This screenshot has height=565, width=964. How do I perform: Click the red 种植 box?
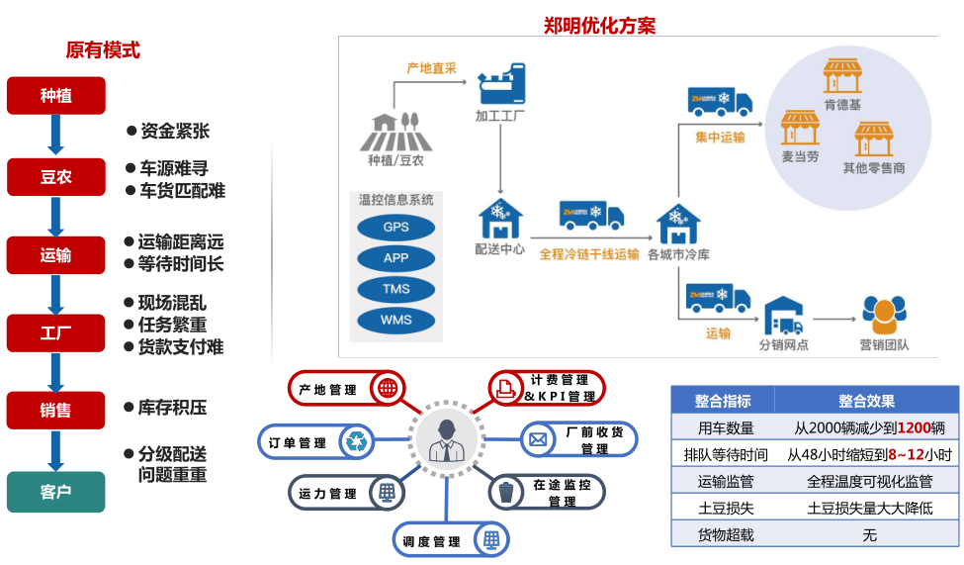[x=55, y=96]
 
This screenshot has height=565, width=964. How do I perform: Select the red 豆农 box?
[x=55, y=177]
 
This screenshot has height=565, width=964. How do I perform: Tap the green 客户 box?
[x=55, y=491]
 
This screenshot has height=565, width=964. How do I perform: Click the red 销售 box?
[x=55, y=410]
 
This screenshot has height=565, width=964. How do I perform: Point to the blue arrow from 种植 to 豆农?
[x=55, y=136]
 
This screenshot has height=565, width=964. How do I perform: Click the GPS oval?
[x=395, y=227]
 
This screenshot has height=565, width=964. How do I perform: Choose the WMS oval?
[x=395, y=320]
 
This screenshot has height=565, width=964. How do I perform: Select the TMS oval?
[x=395, y=289]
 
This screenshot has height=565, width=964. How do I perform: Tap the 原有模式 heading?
[x=103, y=49]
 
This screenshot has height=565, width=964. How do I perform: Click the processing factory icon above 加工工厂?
[x=501, y=85]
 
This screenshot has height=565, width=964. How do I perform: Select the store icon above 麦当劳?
[x=800, y=128]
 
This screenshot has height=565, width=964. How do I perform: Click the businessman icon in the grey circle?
[x=444, y=439]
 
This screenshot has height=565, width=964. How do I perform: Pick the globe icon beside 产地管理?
[x=387, y=389]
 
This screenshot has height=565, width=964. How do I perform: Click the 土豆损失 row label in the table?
[x=724, y=508]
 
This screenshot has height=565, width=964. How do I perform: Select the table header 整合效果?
[x=866, y=401]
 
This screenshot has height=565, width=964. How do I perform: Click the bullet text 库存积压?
[x=172, y=408]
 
